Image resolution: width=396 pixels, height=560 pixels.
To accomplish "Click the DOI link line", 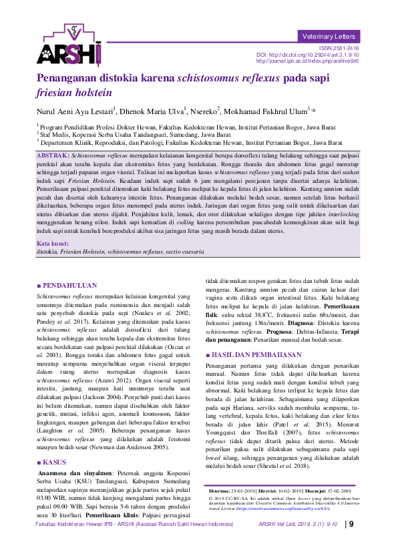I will point(308,55).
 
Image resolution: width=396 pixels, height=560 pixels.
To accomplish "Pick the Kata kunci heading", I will point(53,243).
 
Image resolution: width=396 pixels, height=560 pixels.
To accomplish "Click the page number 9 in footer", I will point(351,543).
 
